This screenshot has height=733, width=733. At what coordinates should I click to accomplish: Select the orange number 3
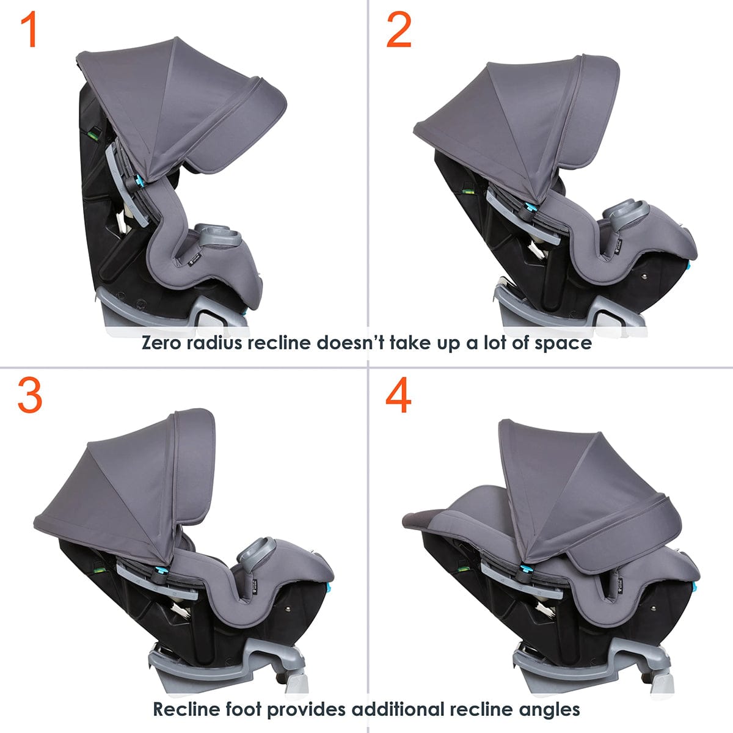[29, 395]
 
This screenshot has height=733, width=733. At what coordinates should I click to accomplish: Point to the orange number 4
[398, 395]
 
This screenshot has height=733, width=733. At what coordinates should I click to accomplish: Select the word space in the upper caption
[563, 343]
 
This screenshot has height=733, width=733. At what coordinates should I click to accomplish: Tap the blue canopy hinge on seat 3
[162, 572]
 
